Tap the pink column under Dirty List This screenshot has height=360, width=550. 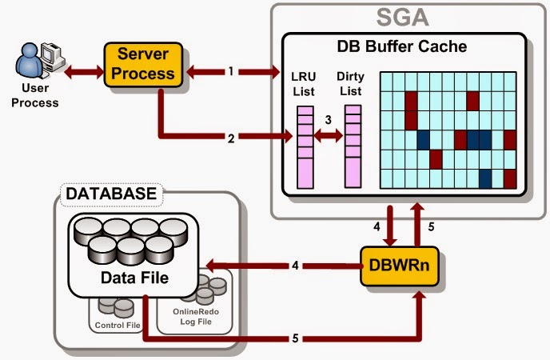click(x=353, y=148)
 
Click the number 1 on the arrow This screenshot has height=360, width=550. click(x=231, y=71)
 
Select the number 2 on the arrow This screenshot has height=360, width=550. click(x=231, y=138)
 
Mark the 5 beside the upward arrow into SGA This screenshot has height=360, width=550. click(x=429, y=226)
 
